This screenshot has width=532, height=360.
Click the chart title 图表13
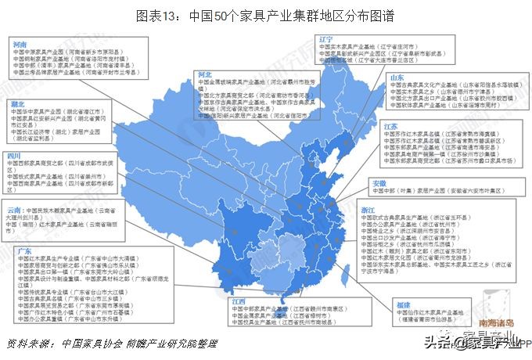point(266,14)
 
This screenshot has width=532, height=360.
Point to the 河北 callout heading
point(206,74)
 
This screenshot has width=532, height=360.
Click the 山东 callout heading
point(397,78)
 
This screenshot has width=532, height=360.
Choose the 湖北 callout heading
point(16,103)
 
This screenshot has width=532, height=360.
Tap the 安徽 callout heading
point(379,182)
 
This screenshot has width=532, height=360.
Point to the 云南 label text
point(15,211)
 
